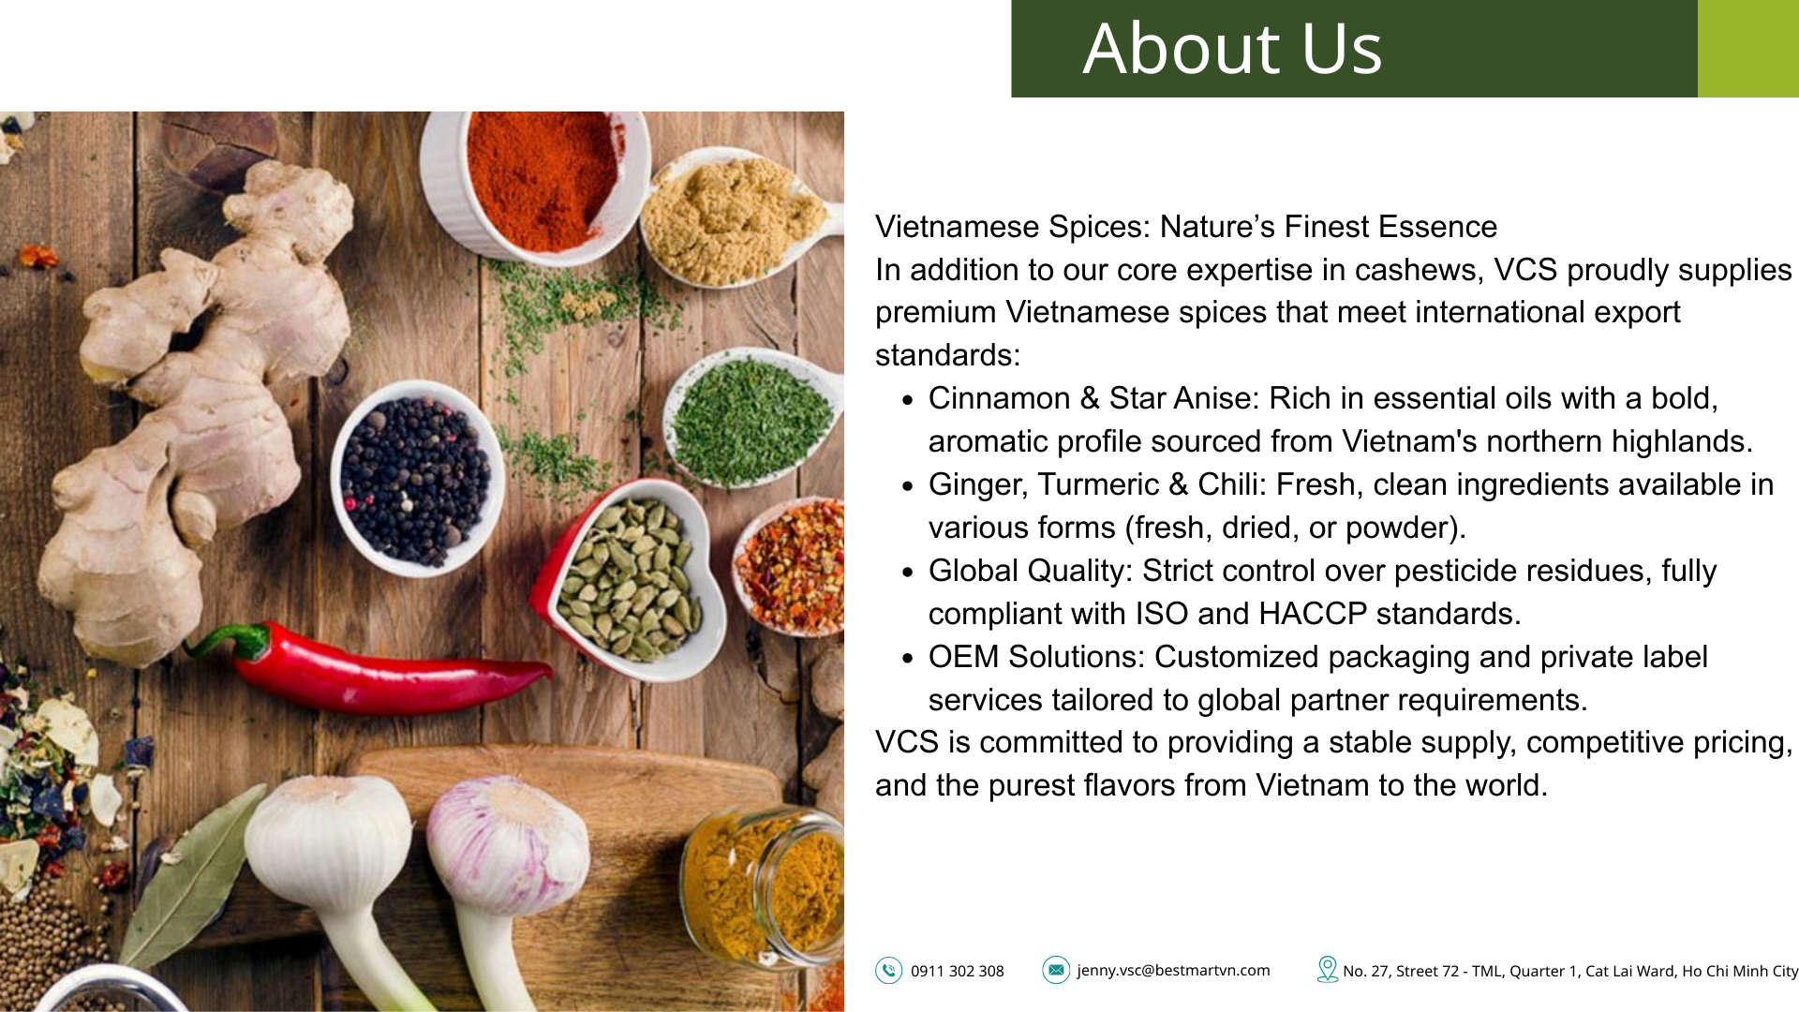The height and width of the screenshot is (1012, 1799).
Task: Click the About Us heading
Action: click(1232, 48)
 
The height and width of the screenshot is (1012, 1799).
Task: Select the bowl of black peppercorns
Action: click(416, 478)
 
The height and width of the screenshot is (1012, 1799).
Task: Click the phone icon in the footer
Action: click(888, 970)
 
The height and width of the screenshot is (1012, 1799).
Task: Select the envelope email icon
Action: click(1056, 970)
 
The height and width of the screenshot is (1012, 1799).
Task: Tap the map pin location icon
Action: click(1327, 969)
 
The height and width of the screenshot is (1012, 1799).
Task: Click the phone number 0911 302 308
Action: click(957, 971)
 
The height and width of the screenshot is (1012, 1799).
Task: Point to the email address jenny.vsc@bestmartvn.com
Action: click(1173, 971)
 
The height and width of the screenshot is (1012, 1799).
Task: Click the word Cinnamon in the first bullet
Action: click(999, 398)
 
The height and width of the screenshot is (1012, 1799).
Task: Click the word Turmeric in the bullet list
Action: click(1098, 484)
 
